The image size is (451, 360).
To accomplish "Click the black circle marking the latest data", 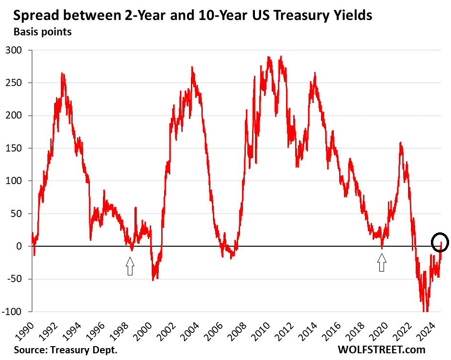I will pyautogui.click(x=440, y=242).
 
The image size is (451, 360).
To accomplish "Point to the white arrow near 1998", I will pyautogui.click(x=130, y=266).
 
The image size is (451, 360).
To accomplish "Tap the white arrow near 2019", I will pyautogui.click(x=381, y=262).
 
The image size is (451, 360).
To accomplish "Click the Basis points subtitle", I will pyautogui.click(x=43, y=33).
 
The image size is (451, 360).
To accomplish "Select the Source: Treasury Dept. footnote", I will pyautogui.click(x=66, y=350).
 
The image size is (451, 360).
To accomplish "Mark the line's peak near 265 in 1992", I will pyautogui.click(x=63, y=74).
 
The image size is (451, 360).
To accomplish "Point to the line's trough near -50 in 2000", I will pyautogui.click(x=153, y=280).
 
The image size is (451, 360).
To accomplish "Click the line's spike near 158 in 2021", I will pyautogui.click(x=400, y=142).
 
